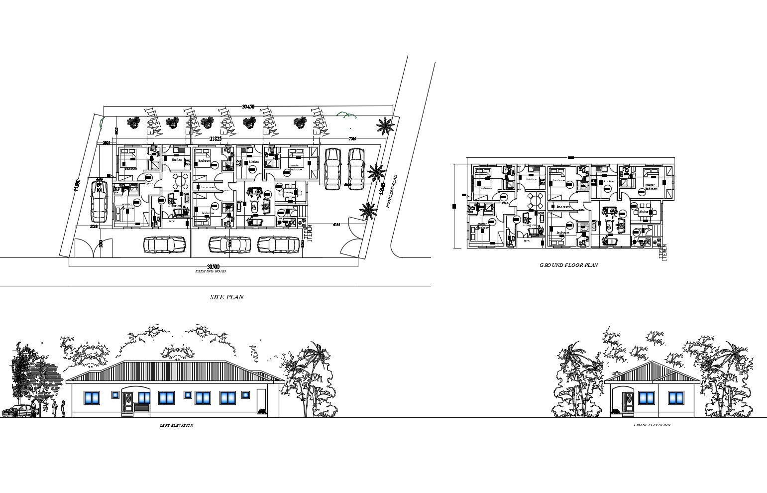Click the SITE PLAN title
[227, 297]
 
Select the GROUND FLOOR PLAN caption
[568, 265]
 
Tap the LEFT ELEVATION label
[176, 426]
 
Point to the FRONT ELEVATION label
[652, 425]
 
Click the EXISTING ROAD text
[210, 271]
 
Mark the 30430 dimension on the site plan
[248, 107]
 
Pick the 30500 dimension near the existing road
[213, 266]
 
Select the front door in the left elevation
[127, 400]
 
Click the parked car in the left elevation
[19, 411]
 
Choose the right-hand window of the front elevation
[676, 397]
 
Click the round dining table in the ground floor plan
[536, 200]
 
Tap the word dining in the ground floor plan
[644, 212]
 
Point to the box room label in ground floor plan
[563, 207]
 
